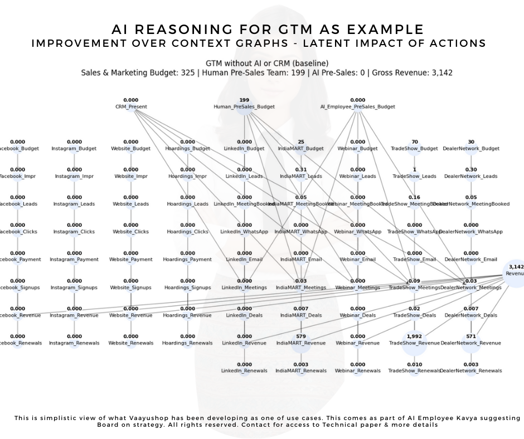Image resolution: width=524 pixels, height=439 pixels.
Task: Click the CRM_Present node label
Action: tap(130, 106)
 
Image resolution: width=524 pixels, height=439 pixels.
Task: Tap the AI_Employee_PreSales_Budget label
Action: tap(357, 106)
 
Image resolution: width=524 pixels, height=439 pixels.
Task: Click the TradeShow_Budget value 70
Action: tap(414, 142)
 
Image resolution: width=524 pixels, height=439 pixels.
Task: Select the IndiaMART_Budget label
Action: tap(301, 149)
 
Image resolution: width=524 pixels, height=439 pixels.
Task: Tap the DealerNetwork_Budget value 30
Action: tap(471, 142)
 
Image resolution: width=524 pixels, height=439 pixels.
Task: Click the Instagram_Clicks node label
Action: tap(74, 232)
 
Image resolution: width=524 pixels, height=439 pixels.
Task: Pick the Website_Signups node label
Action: tap(130, 287)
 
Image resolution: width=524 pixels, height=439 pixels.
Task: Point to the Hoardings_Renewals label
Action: tap(187, 343)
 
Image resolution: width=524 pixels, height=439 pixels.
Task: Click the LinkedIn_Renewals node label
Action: tap(244, 371)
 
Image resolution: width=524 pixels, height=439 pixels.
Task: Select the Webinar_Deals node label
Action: tap(357, 315)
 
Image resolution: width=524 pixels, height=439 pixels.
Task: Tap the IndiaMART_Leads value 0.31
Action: tap(301, 170)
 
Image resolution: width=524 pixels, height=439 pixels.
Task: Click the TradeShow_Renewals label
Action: tap(414, 371)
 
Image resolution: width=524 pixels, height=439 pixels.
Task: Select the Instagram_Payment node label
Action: tap(74, 260)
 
